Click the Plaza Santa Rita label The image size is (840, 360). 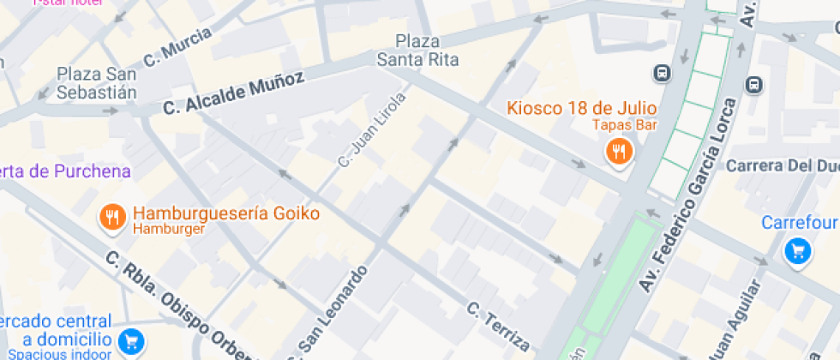[418, 51]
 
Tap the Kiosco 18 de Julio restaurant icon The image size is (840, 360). [618, 153]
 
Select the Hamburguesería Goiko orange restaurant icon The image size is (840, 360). [111, 218]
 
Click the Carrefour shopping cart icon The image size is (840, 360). [798, 251]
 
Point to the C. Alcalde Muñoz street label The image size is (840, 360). [233, 93]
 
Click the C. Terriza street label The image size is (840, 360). [498, 326]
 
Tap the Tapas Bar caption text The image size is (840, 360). [625, 125]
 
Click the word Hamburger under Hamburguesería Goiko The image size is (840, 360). [168, 229]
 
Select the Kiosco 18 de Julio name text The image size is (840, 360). [581, 108]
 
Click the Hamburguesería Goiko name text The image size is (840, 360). [226, 213]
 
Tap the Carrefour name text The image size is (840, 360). [799, 224]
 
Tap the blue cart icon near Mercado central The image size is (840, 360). [131, 341]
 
